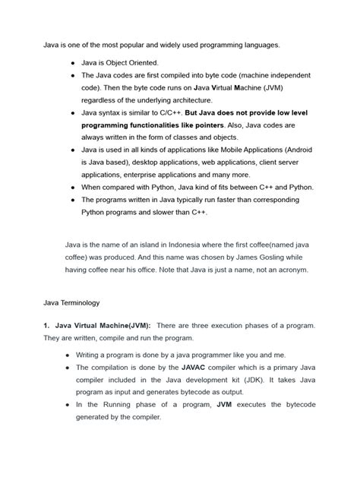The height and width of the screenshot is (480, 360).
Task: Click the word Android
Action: pos(295,150)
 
